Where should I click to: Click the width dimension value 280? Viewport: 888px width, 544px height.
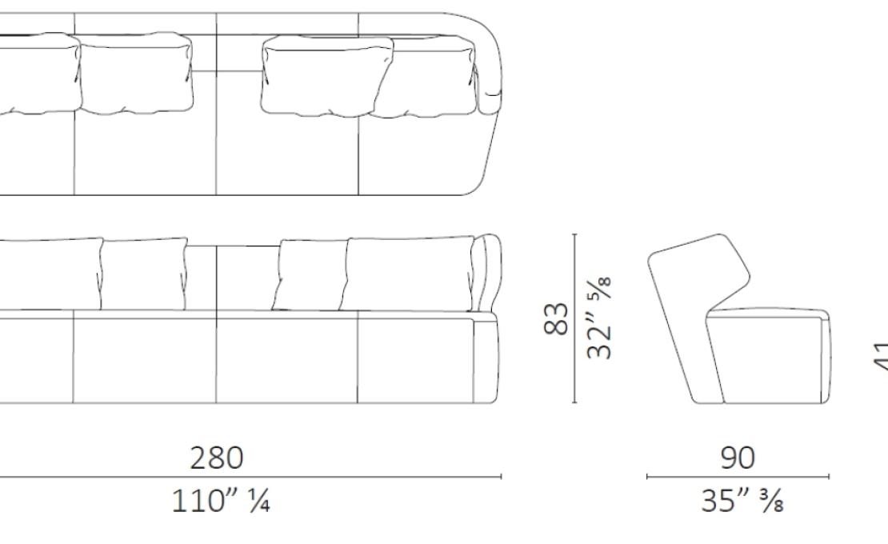[x=216, y=458]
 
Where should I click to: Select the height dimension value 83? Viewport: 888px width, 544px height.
[x=557, y=318]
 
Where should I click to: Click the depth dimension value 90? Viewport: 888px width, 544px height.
[x=737, y=458]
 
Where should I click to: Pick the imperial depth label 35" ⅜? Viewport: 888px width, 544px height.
[x=737, y=502]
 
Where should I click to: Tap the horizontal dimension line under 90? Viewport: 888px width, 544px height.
[x=737, y=477]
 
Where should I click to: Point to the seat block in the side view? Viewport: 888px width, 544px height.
[x=768, y=356]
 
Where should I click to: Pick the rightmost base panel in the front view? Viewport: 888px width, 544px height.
[x=416, y=360]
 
